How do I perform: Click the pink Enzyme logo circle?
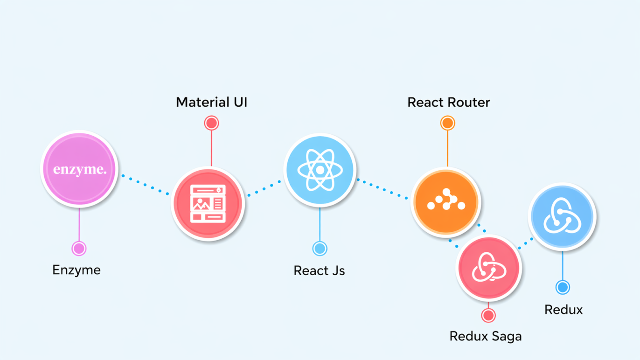tap(79, 168)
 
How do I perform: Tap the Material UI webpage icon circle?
tap(208, 203)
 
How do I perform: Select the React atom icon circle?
tap(320, 170)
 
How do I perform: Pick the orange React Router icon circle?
tap(445, 202)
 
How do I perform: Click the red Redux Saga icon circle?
tap(488, 268)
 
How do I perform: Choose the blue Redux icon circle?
tap(563, 216)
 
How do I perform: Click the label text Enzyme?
tap(77, 270)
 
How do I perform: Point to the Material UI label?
tap(211, 102)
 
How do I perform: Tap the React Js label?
tap(319, 270)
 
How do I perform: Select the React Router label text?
tap(449, 102)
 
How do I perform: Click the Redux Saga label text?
tap(486, 336)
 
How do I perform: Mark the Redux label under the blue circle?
tap(563, 310)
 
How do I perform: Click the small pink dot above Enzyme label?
tap(79, 249)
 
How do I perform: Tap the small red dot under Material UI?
tap(211, 123)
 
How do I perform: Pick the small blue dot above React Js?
tap(320, 249)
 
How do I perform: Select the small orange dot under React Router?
tap(447, 123)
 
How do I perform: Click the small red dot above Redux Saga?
tap(488, 315)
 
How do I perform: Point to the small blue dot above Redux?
tap(563, 287)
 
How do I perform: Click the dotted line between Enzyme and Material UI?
tap(145, 184)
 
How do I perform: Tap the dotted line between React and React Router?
tap(383, 189)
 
